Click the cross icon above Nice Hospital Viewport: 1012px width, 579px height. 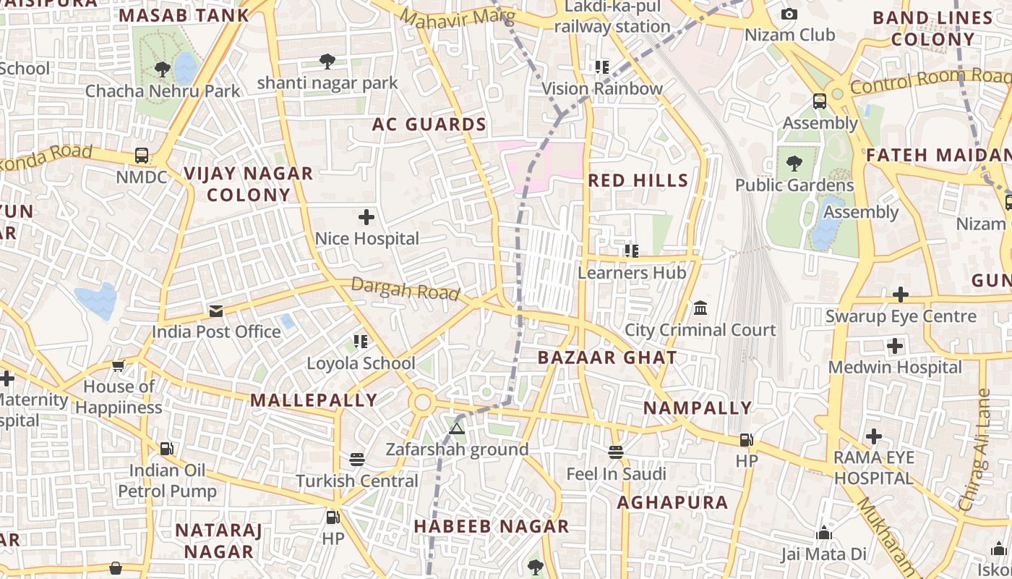pyautogui.click(x=366, y=216)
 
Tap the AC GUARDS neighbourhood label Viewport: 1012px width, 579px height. pyautogui.click(x=429, y=124)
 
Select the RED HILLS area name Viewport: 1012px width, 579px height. pyautogui.click(x=638, y=180)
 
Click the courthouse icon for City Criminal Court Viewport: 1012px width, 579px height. pyautogui.click(x=700, y=308)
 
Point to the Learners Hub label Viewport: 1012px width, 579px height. pyautogui.click(x=632, y=273)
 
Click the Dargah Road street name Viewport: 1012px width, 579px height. pyautogui.click(x=406, y=289)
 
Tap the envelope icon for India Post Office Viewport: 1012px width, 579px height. pyautogui.click(x=216, y=311)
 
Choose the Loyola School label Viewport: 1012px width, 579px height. pyautogui.click(x=361, y=363)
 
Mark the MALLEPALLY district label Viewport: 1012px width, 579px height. pyautogui.click(x=314, y=400)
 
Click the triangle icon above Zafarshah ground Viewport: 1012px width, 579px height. pyautogui.click(x=456, y=428)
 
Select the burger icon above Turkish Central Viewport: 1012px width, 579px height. pyautogui.click(x=357, y=460)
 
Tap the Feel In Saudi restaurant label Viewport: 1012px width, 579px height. pyautogui.click(x=616, y=474)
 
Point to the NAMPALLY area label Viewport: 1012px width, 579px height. pyautogui.click(x=698, y=408)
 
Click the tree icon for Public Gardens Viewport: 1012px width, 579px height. pyautogui.click(x=794, y=164)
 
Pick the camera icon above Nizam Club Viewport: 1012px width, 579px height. pyautogui.click(x=789, y=14)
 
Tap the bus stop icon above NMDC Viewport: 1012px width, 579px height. pyautogui.click(x=142, y=156)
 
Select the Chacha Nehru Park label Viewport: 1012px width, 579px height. pyautogui.click(x=163, y=91)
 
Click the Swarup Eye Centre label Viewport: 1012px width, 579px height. pyautogui.click(x=901, y=316)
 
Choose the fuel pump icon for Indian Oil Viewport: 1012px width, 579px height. pyautogui.click(x=167, y=449)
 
